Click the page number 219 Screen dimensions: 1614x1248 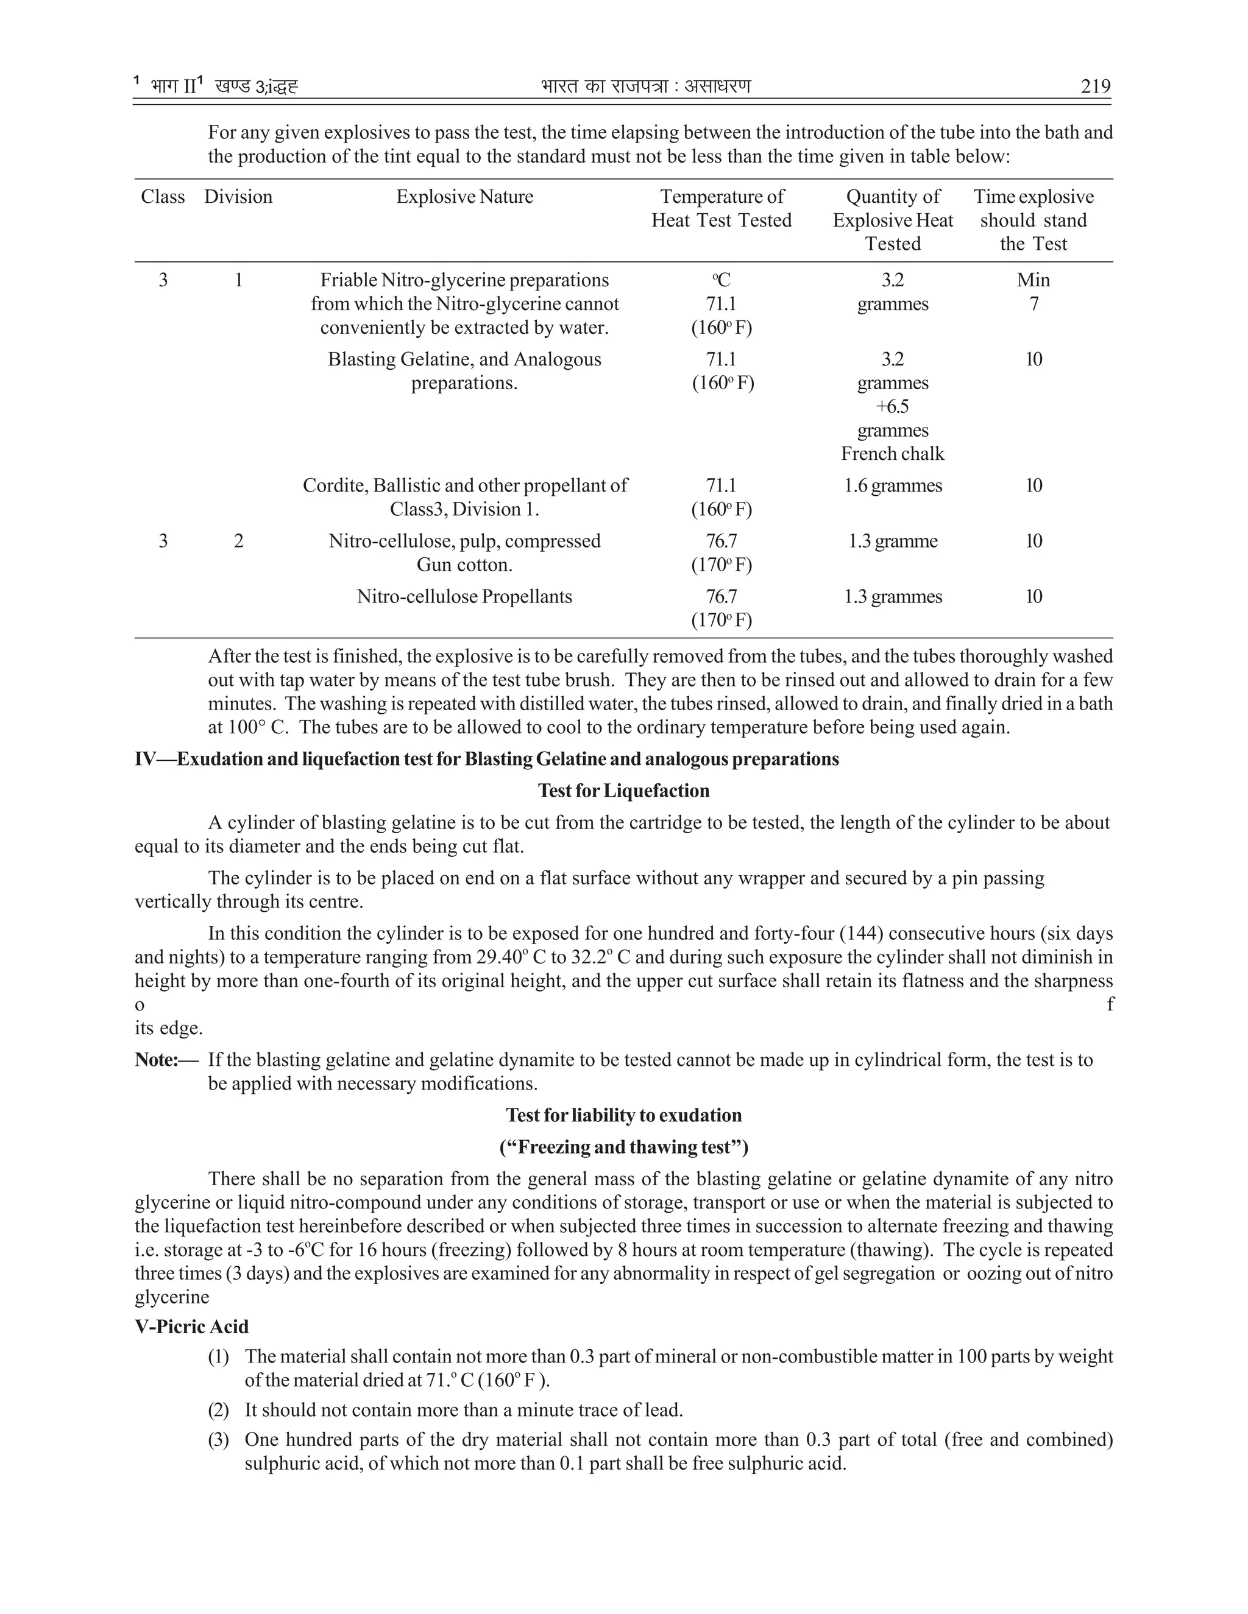[1095, 86]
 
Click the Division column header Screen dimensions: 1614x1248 [238, 197]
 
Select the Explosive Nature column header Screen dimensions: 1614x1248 [464, 197]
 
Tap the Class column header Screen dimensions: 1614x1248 [163, 197]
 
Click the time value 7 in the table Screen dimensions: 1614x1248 [1033, 304]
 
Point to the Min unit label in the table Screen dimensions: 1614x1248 [1033, 280]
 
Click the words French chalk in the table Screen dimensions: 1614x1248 [892, 454]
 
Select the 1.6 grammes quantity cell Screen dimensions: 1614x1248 [892, 485]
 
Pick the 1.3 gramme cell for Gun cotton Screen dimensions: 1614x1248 [892, 541]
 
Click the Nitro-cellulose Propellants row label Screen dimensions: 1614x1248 [464, 596]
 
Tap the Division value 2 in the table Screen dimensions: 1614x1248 [238, 541]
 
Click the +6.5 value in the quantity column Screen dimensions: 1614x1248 [892, 406]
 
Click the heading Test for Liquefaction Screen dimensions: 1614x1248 [623, 791]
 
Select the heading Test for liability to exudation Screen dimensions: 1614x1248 [623, 1115]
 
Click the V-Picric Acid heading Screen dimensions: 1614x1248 [191, 1327]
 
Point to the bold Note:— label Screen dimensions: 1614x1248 [166, 1060]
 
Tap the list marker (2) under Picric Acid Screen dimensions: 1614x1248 [218, 1410]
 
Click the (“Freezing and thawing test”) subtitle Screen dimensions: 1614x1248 [623, 1147]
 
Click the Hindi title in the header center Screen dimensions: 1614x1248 [645, 86]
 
